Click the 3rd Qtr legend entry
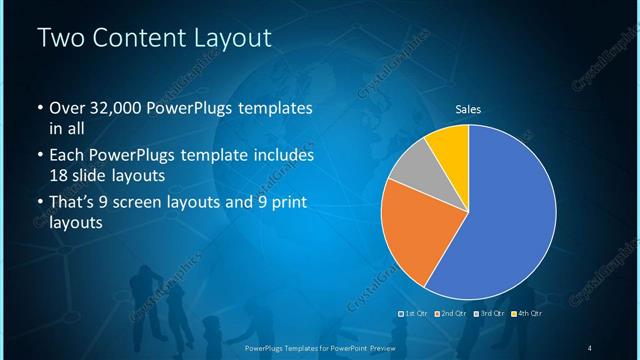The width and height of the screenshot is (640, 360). [x=490, y=314]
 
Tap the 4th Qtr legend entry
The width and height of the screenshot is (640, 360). [x=527, y=314]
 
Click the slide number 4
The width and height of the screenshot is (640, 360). [x=590, y=347]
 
